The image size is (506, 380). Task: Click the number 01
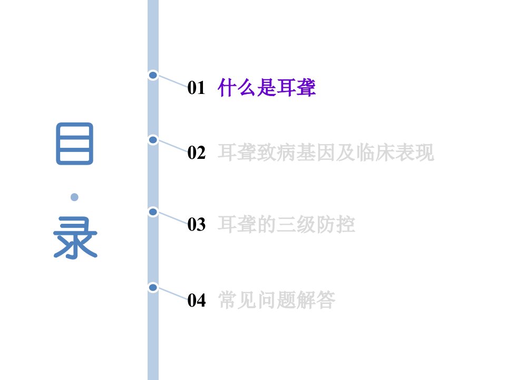(x=196, y=88)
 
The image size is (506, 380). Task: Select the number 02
(x=196, y=153)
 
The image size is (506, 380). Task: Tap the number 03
(x=196, y=225)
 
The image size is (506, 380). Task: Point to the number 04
(x=197, y=300)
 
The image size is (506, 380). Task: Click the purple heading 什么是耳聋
(x=267, y=88)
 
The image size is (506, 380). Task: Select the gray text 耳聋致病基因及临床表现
(x=326, y=153)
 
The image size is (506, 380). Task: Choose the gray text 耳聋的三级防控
(x=286, y=225)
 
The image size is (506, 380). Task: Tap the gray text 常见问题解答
(x=277, y=300)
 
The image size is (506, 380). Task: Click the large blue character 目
(x=74, y=144)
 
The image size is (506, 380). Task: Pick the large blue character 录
(x=75, y=238)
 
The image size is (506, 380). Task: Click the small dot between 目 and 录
(x=74, y=197)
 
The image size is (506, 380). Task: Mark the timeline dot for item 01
(x=153, y=75)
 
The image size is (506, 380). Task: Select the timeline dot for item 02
(x=153, y=140)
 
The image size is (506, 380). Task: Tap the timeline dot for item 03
(x=153, y=212)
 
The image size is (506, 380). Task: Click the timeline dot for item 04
(x=153, y=287)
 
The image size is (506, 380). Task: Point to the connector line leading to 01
(x=173, y=81)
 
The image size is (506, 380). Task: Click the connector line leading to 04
(x=173, y=294)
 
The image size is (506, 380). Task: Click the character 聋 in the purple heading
(x=306, y=88)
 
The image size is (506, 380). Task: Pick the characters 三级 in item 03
(x=296, y=225)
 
